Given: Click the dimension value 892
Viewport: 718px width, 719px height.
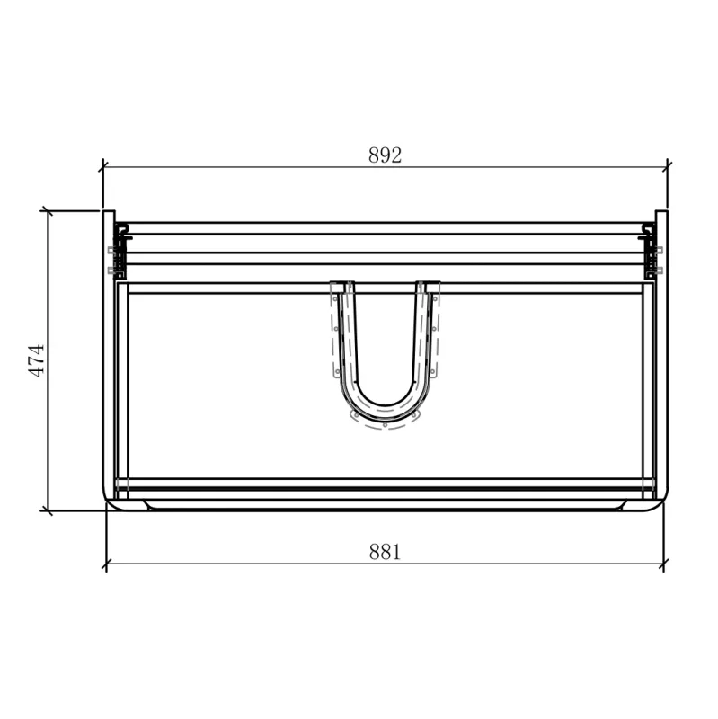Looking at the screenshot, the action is pyautogui.click(x=385, y=155).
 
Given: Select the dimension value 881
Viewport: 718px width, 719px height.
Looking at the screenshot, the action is pyautogui.click(x=385, y=552).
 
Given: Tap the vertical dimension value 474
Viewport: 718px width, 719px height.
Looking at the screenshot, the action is pyautogui.click(x=37, y=360).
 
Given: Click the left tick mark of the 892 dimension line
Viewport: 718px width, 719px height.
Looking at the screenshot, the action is pyautogui.click(x=103, y=166).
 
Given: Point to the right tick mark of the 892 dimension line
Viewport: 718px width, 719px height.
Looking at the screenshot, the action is pyautogui.click(x=667, y=166).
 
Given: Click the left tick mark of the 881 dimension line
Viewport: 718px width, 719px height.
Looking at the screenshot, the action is pyautogui.click(x=106, y=565).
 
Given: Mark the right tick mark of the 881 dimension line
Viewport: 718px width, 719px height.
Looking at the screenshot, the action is pyautogui.click(x=663, y=565).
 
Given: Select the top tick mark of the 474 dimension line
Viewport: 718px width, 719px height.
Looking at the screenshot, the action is pyautogui.click(x=46, y=211).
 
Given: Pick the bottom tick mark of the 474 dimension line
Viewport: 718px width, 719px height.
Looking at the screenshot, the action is pyautogui.click(x=46, y=510).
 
